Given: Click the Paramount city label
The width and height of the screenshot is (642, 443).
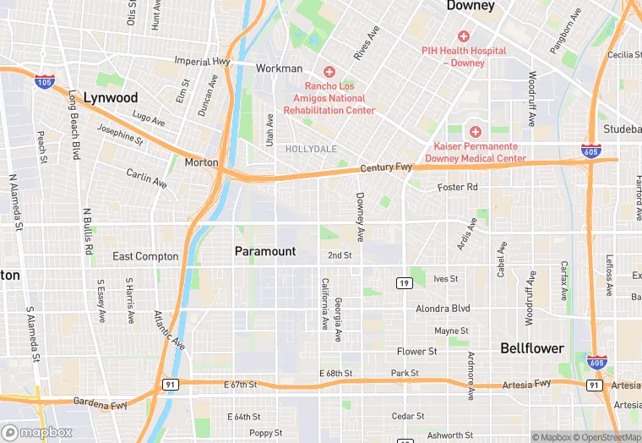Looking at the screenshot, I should pos(265,251).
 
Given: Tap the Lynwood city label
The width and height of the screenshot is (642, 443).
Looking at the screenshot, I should pos(111,98).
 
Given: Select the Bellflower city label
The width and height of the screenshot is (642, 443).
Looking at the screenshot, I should pos(532,347).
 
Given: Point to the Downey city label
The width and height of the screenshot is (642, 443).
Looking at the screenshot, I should pos(471,6).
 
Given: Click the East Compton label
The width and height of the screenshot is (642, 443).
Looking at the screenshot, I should pos(145,256).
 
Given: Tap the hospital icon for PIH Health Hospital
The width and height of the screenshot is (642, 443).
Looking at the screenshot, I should pos(463,36).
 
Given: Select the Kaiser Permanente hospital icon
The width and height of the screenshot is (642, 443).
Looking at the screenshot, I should pos(476,132).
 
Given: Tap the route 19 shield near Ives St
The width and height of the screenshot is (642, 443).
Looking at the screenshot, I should pos(405,282).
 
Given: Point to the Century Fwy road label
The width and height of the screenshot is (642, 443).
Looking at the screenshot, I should pos(386,168).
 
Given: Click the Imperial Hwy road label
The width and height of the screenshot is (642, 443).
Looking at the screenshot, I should pos(202,61).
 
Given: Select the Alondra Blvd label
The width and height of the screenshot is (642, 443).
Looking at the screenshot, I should pos(443,309).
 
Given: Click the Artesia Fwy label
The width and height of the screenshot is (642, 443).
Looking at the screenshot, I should pos(529,384).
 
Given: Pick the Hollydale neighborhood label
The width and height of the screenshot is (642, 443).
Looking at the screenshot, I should pos(311,149).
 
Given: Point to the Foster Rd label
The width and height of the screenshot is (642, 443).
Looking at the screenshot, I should pos(458,187).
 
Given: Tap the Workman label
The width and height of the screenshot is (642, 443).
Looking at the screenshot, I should pos(279,68).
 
